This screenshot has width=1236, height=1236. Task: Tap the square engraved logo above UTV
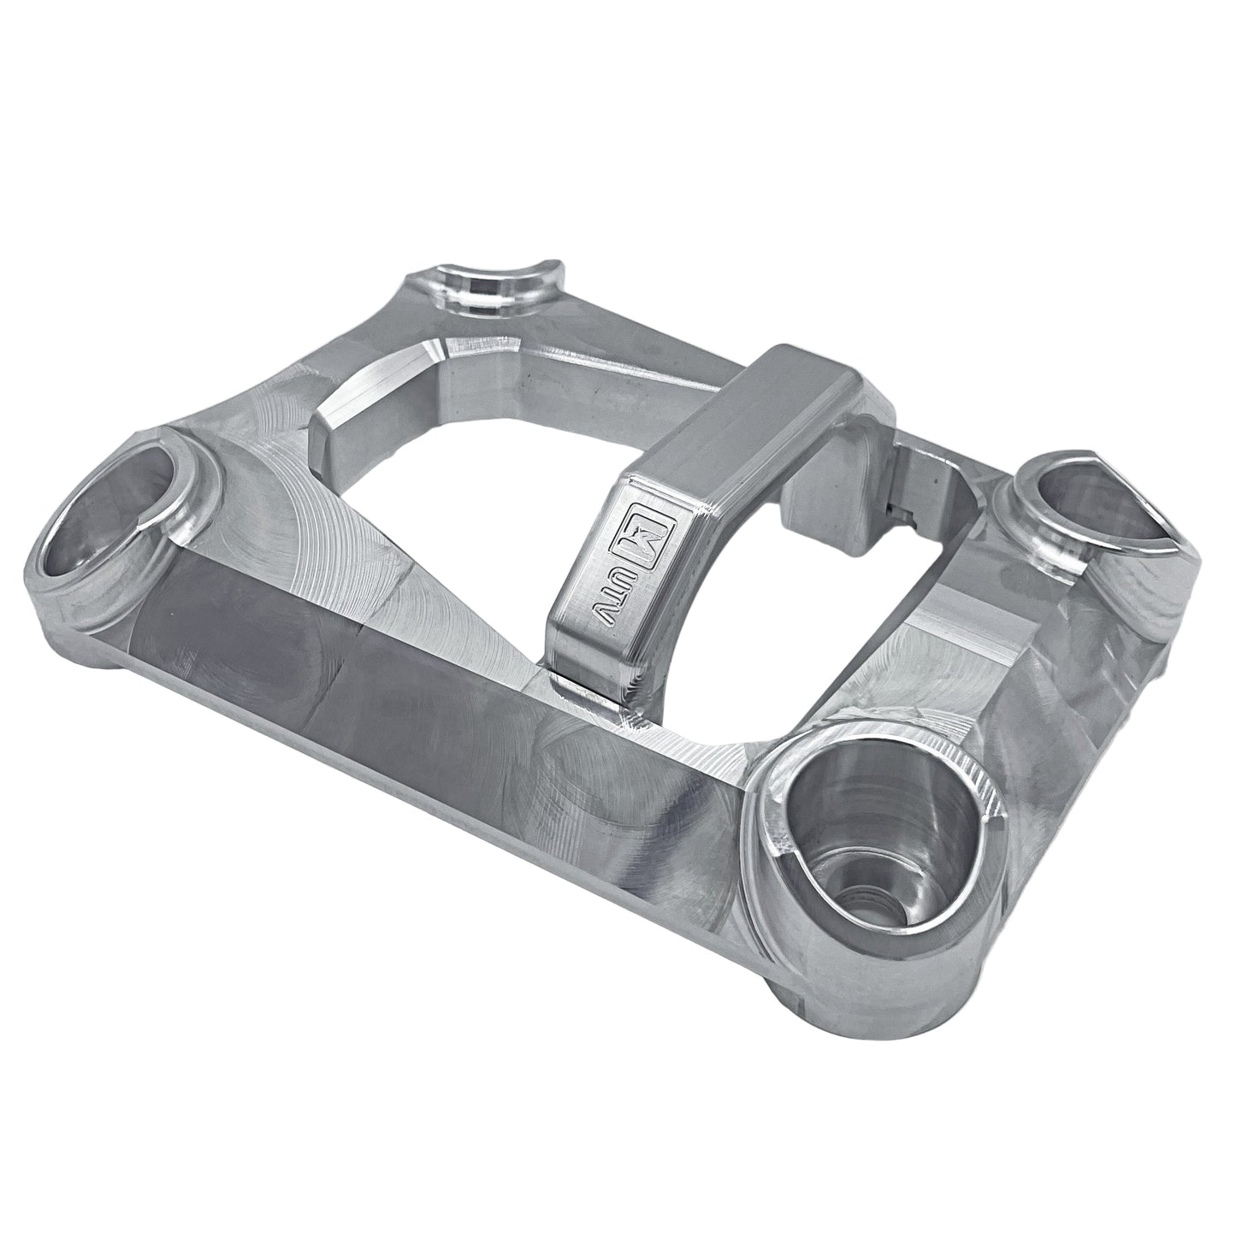[640, 539]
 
